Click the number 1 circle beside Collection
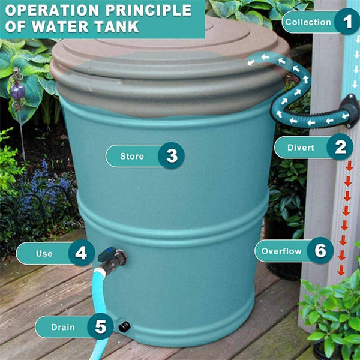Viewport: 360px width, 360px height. pyautogui.click(x=346, y=22)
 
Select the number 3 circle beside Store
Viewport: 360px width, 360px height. pyautogui.click(x=172, y=156)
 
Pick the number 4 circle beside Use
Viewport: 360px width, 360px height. pyautogui.click(x=81, y=253)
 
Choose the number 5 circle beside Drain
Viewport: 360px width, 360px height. pyautogui.click(x=100, y=327)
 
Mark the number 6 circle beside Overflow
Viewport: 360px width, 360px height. pyautogui.click(x=320, y=251)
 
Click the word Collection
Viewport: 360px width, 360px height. pyautogui.click(x=308, y=22)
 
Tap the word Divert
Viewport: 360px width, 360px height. pyautogui.click(x=301, y=148)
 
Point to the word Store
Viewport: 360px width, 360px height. pyautogui.click(x=132, y=156)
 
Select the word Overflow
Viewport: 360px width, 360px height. pyautogui.click(x=281, y=251)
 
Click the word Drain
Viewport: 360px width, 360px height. pyautogui.click(x=63, y=327)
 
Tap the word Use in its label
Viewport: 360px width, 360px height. pyautogui.click(x=44, y=253)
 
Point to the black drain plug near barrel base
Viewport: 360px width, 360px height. pyautogui.click(x=125, y=326)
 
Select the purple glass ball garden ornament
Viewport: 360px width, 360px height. pyautogui.click(x=19, y=91)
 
